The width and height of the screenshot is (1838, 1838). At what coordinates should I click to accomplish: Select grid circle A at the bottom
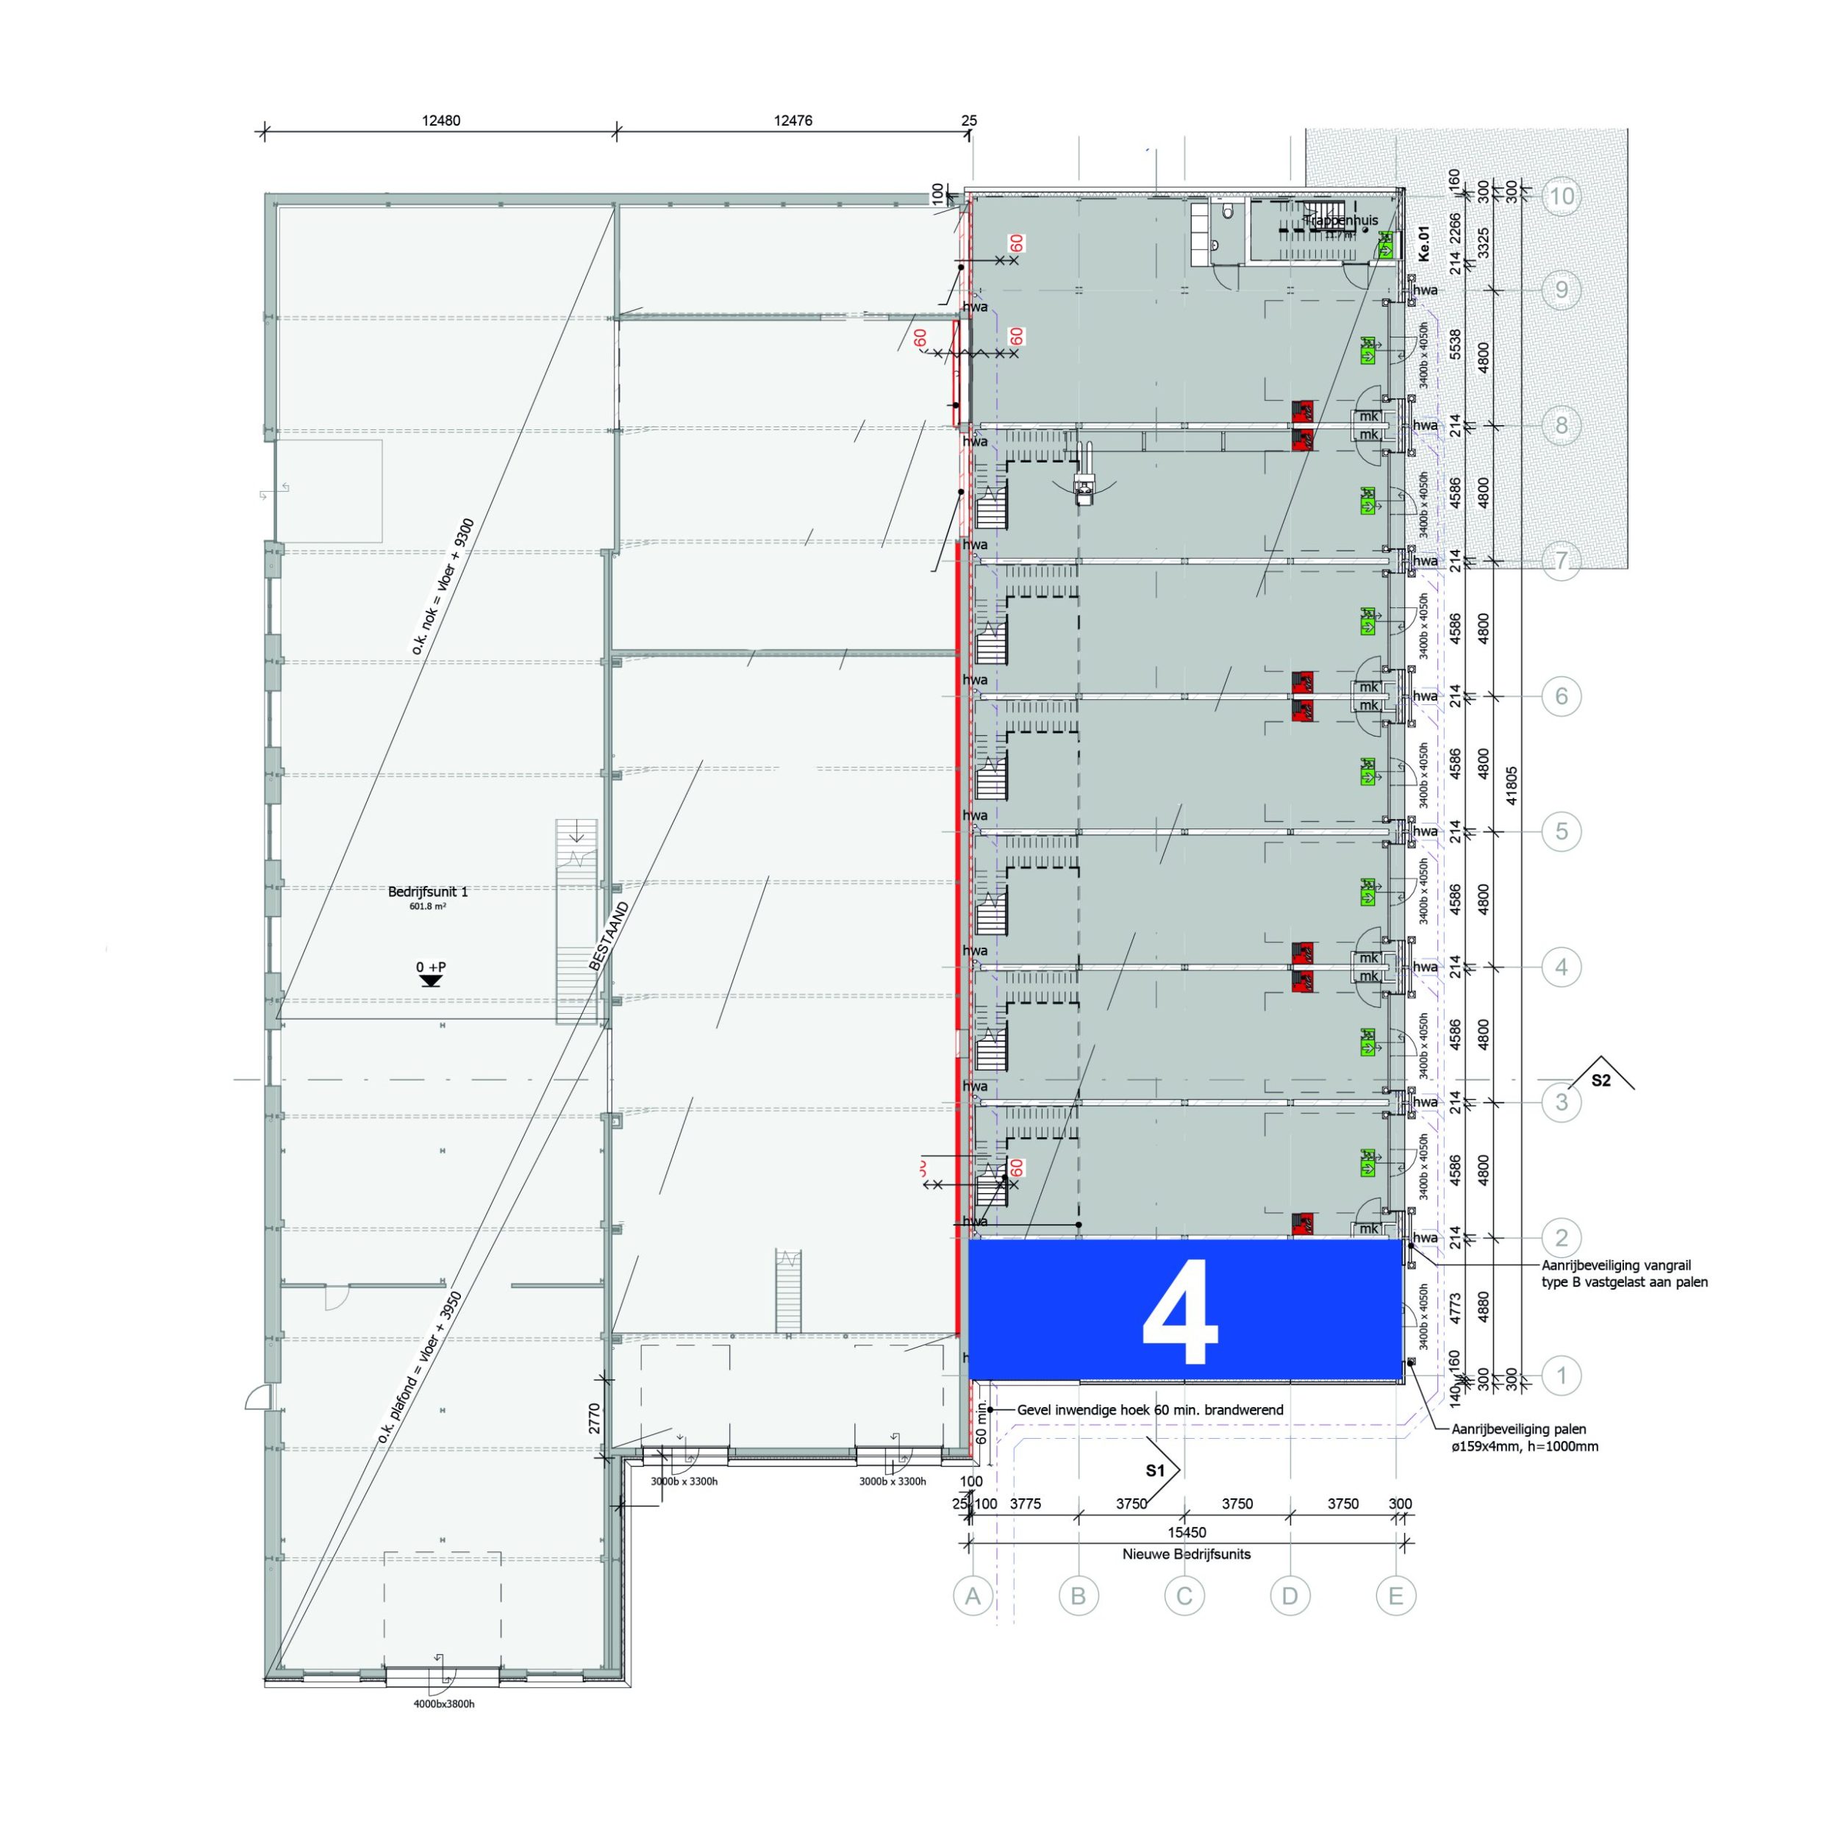[x=972, y=1596]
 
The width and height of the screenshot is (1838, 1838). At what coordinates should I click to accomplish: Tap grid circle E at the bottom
[x=1395, y=1596]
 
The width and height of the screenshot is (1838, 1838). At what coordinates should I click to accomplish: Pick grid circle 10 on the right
[x=1561, y=197]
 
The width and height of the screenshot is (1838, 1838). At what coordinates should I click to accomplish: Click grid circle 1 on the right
[x=1561, y=1375]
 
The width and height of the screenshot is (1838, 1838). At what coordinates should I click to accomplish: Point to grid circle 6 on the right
[x=1561, y=696]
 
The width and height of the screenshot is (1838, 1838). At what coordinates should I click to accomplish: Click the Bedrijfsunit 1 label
[x=428, y=891]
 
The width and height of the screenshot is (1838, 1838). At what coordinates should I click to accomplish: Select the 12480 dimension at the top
[x=440, y=121]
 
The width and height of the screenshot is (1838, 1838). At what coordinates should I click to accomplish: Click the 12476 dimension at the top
[x=793, y=121]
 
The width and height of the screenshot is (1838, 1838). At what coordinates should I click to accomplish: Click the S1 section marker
[x=1155, y=1471]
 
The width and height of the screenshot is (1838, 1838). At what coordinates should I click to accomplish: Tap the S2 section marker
[x=1602, y=1080]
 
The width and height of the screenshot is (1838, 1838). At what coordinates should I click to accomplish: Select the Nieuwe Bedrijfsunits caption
[x=1187, y=1554]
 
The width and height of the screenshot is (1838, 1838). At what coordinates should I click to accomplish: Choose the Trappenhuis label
[x=1342, y=221]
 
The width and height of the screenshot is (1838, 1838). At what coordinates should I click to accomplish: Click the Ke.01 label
[x=1424, y=243]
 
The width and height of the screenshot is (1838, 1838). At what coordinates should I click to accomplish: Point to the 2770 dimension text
[x=595, y=1418]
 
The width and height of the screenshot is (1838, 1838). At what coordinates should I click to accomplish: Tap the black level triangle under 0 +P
[x=431, y=981]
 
